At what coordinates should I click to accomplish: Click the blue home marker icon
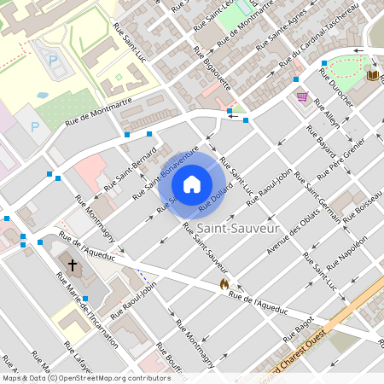(192, 183)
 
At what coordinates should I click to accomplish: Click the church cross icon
(72, 266)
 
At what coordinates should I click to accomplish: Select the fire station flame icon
(224, 283)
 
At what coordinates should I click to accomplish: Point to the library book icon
(372, 76)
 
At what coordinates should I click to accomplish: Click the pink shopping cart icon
(301, 96)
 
